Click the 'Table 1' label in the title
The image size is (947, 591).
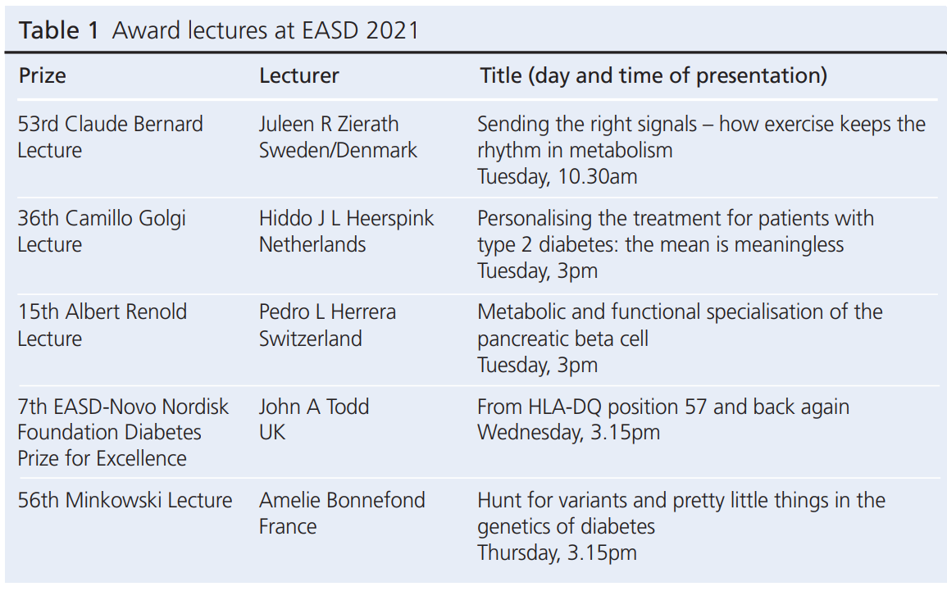(58, 30)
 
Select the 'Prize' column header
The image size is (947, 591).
(43, 75)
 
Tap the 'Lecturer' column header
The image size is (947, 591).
(299, 75)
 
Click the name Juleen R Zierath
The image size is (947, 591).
(329, 124)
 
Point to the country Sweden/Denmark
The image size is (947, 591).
(338, 150)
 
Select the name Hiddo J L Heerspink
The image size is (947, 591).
(346, 218)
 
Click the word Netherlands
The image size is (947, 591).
(312, 244)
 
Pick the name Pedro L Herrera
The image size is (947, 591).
(327, 311)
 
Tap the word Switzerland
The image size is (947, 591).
(311, 338)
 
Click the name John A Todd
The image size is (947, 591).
(314, 407)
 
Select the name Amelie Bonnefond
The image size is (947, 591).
(342, 500)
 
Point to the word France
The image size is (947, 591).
(288, 526)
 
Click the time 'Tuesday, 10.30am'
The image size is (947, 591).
(557, 176)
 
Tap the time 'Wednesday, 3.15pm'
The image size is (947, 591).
(568, 432)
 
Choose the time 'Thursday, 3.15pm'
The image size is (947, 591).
(557, 552)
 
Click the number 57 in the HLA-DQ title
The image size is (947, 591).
(696, 407)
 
